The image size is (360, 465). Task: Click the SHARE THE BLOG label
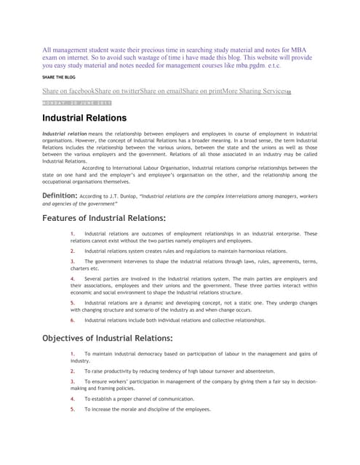[62, 76]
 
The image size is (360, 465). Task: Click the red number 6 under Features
[73, 320]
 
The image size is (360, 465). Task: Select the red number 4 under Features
[73, 279]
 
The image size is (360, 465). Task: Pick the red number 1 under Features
[73, 234]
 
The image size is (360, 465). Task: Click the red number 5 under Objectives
[73, 409]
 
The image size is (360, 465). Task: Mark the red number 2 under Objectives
[73, 371]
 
